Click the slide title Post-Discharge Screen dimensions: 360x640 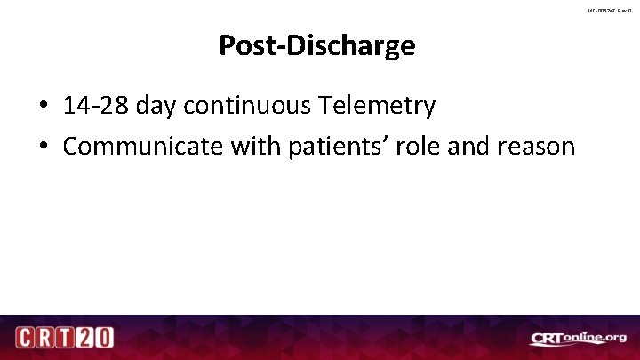(316, 45)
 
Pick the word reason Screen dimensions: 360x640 (539, 147)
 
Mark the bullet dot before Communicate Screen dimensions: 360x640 (43, 147)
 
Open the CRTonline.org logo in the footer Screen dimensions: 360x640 (578, 339)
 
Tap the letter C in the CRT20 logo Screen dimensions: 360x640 (25, 339)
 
